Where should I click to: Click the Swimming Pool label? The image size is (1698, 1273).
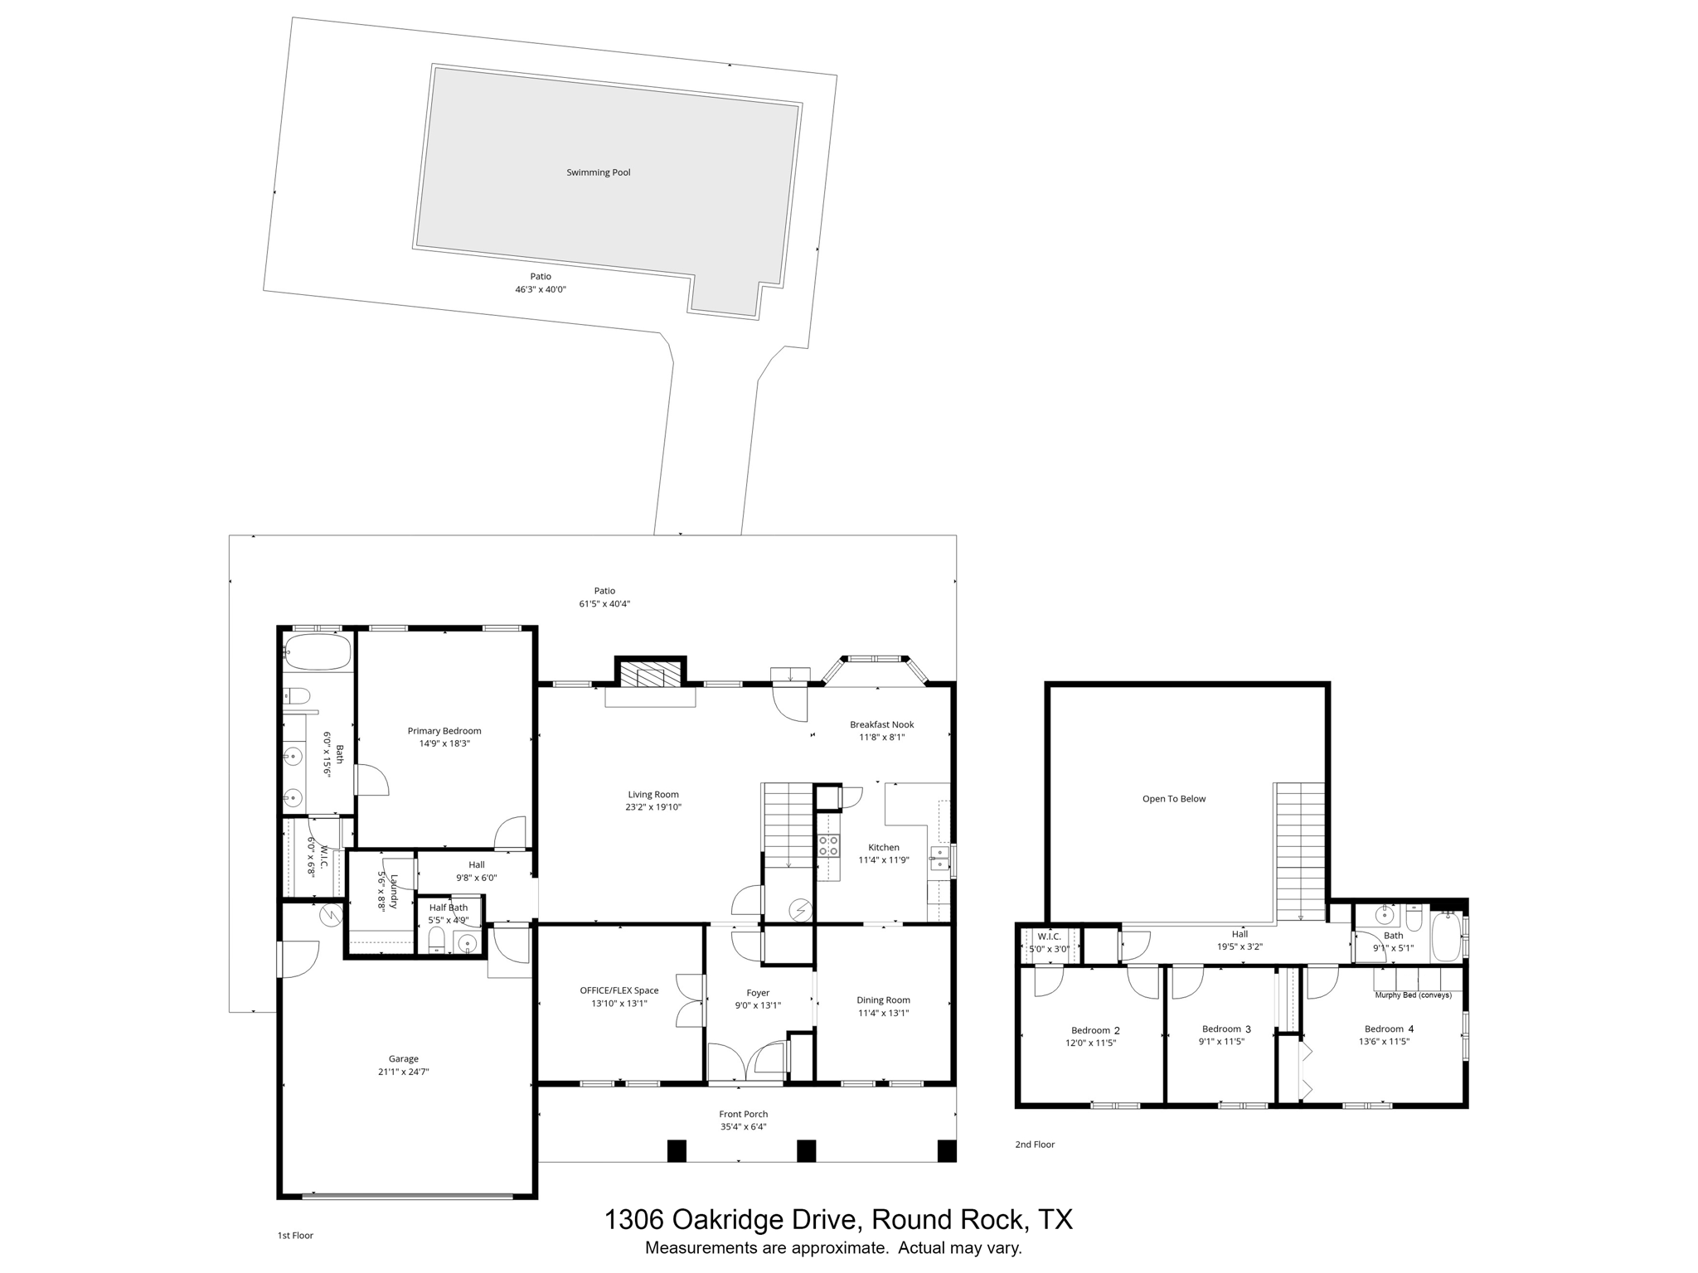point(598,172)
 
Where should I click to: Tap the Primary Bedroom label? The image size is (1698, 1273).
point(444,731)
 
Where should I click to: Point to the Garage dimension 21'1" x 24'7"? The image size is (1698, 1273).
point(403,1072)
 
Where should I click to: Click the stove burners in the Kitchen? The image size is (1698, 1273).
point(828,845)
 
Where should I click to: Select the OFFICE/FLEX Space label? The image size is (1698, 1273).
point(619,990)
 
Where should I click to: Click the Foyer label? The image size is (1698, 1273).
point(757,993)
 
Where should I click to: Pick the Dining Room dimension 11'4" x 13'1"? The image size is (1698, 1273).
point(882,1013)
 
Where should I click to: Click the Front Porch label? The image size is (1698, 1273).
point(743,1114)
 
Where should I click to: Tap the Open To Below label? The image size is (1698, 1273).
point(1173,799)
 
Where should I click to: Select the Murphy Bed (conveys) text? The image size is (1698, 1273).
point(1413,995)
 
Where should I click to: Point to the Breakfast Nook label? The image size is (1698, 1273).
point(881,724)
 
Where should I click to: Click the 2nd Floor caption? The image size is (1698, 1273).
point(1035,1145)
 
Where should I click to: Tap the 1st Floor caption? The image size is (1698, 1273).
point(295,1235)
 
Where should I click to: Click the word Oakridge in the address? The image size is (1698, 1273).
point(726,1220)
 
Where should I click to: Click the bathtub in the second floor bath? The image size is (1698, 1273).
point(1446,936)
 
